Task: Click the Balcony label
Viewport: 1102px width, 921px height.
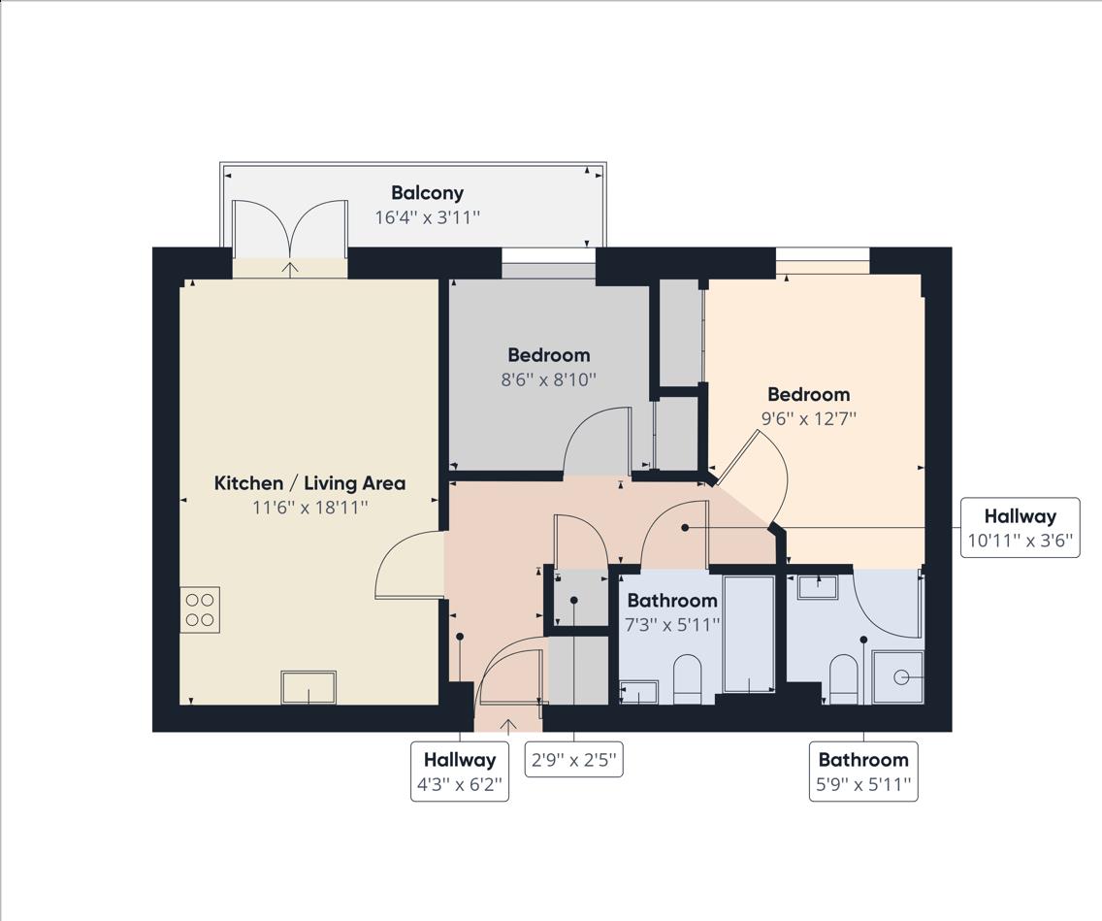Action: (x=427, y=192)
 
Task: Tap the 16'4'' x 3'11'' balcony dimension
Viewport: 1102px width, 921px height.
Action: (x=427, y=216)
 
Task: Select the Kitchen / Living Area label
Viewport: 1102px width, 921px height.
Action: (x=309, y=483)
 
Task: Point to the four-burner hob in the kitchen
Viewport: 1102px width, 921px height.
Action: (x=200, y=609)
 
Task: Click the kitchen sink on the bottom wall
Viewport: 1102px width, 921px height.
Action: (x=308, y=687)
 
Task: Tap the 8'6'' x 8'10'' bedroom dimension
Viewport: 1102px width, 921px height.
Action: (x=548, y=379)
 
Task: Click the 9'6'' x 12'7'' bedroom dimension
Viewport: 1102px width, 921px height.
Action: (x=809, y=419)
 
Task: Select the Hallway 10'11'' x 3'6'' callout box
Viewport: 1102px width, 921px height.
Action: (x=1020, y=527)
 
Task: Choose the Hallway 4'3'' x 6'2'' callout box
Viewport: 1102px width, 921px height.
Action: (x=460, y=772)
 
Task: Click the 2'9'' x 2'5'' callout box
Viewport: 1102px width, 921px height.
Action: (x=574, y=759)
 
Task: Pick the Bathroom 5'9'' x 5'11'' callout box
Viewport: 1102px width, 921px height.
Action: (x=863, y=772)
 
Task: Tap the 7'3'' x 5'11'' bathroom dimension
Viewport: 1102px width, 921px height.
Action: (x=672, y=624)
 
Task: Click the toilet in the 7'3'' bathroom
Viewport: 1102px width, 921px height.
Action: (x=688, y=680)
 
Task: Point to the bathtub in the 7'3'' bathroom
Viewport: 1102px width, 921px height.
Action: (x=749, y=634)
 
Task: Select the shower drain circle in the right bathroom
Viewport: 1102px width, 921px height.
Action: (x=901, y=677)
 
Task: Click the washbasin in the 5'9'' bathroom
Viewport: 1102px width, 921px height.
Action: (x=818, y=586)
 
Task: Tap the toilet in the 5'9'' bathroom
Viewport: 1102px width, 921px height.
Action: (x=843, y=680)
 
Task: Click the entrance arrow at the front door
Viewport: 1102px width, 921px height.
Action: (x=508, y=726)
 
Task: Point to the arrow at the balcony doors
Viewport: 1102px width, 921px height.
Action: (x=290, y=268)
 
